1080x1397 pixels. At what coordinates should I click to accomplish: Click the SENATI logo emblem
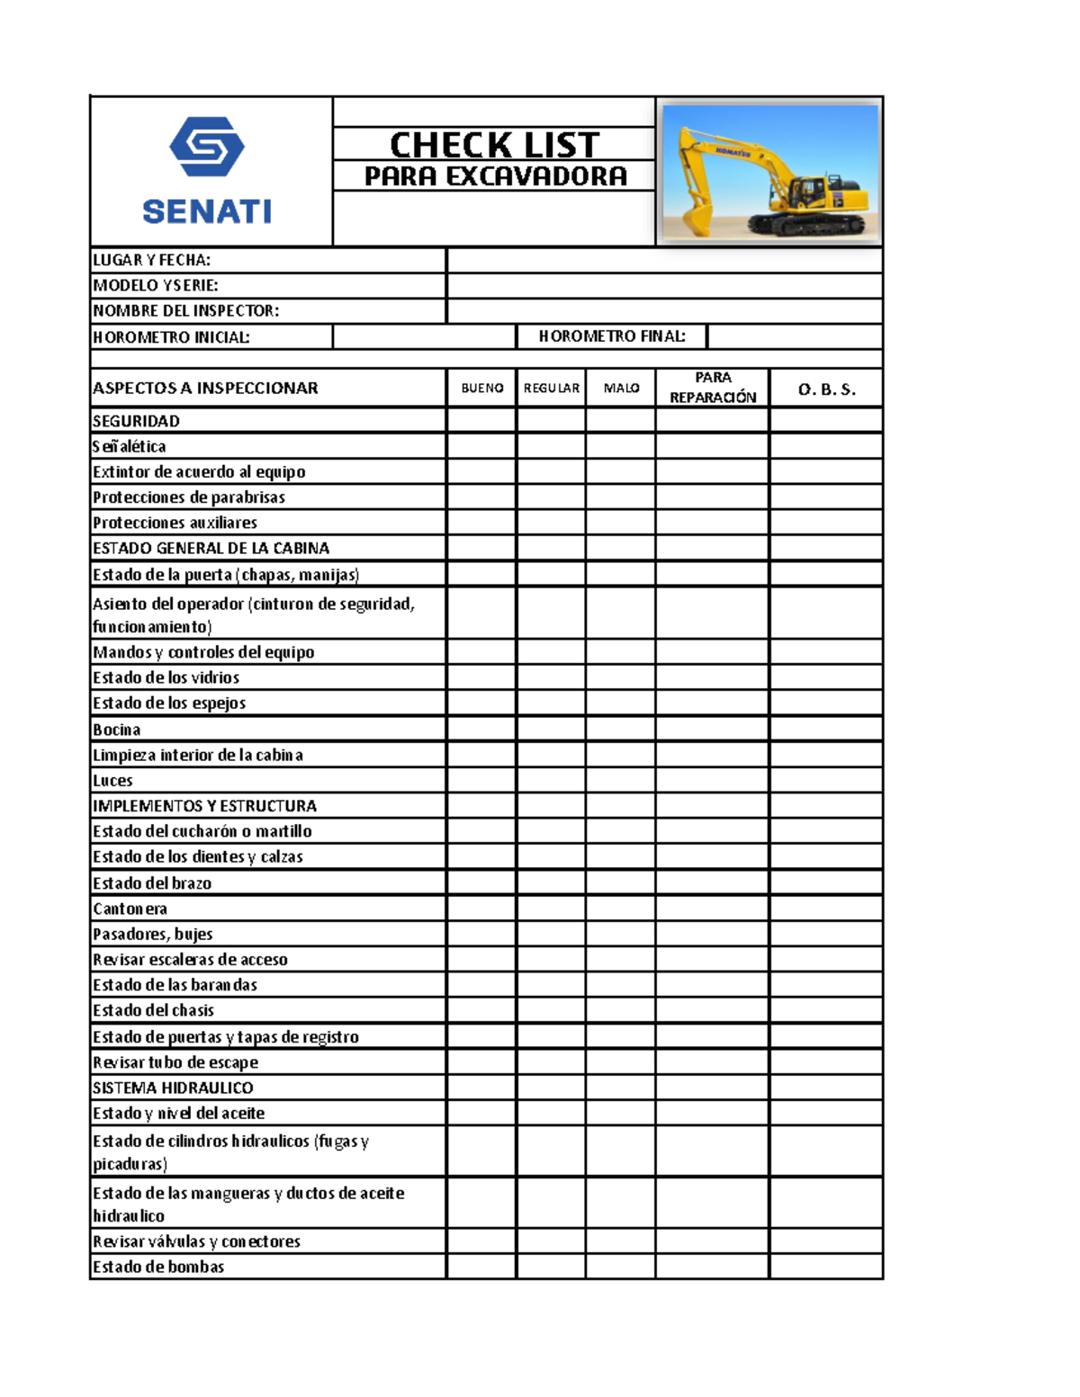click(207, 147)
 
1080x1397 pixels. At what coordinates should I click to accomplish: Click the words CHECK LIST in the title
click(494, 145)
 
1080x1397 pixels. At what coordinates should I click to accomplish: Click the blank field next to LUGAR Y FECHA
click(664, 261)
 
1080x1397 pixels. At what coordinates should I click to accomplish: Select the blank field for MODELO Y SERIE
click(664, 286)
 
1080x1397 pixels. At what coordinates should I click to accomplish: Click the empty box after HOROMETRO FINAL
click(794, 336)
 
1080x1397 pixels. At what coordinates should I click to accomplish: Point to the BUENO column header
click(481, 388)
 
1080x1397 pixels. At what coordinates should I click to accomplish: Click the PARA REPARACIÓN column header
click(712, 388)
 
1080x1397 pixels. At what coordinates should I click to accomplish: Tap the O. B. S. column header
click(826, 389)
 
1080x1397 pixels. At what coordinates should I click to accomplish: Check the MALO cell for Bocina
click(620, 729)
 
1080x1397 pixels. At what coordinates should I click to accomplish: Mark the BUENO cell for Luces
click(481, 780)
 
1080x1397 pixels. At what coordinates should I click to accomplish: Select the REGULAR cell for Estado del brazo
click(551, 882)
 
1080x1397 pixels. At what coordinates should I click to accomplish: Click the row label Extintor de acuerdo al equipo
click(199, 472)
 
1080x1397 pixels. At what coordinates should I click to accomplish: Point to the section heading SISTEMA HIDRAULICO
click(173, 1088)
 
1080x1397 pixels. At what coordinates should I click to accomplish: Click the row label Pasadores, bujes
click(153, 934)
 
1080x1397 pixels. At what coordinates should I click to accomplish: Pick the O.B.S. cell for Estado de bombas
click(826, 1267)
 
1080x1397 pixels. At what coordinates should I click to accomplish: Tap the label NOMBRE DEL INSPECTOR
click(186, 311)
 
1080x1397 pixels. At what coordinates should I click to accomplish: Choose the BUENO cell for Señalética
click(481, 446)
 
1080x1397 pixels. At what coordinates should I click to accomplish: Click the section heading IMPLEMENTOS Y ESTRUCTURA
click(204, 806)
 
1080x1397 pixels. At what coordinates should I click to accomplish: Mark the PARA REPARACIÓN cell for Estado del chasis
click(712, 1010)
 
